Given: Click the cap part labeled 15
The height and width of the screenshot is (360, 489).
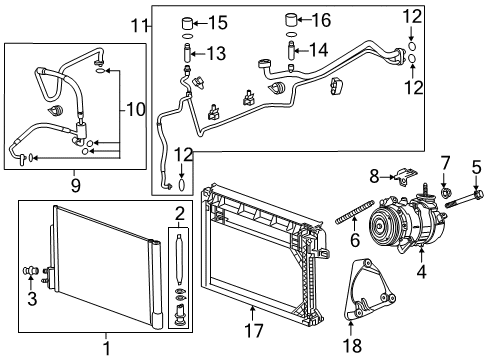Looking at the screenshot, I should point(186,22).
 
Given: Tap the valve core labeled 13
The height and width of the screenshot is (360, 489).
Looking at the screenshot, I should point(185,53).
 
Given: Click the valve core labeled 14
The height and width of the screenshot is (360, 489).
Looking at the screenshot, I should point(290,50).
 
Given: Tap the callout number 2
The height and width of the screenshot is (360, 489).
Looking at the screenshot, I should point(179,213).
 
